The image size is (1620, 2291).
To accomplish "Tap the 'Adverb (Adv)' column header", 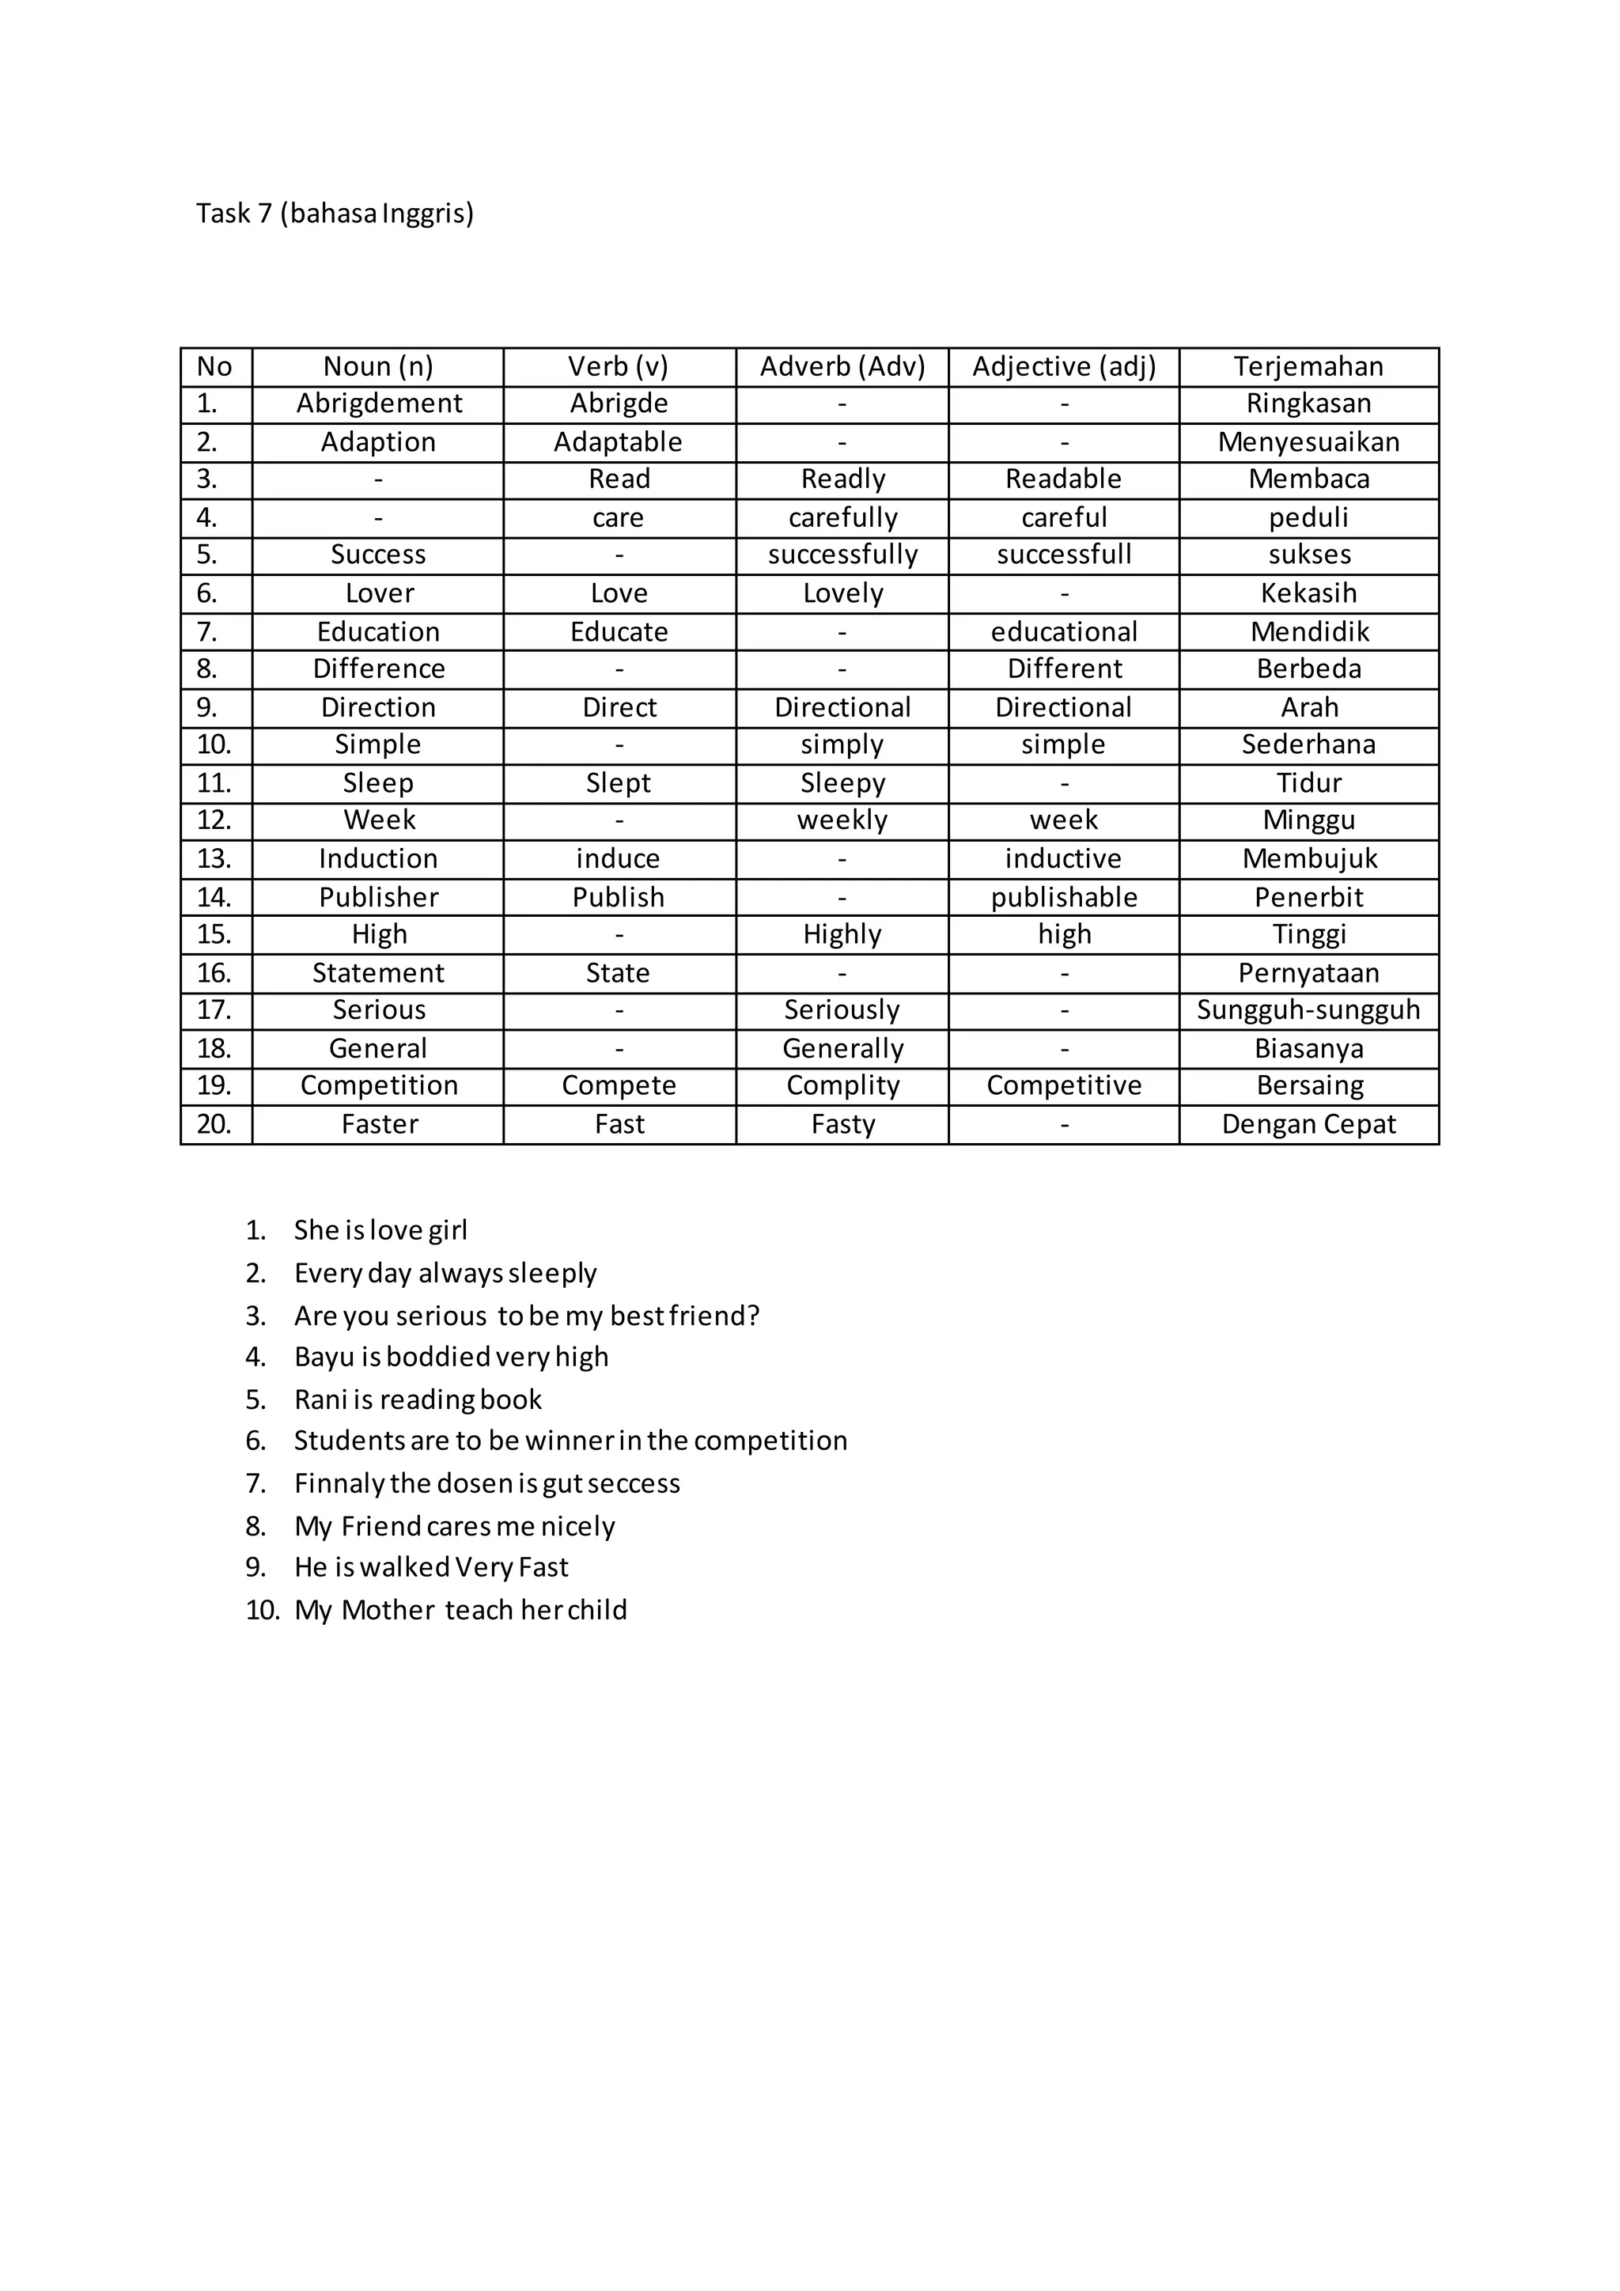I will point(842,367).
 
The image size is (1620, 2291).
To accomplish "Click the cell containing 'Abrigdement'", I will point(379,404).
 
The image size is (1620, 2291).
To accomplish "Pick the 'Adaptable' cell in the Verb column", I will point(619,442).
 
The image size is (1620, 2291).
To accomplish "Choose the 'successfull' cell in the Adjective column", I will point(1063,555).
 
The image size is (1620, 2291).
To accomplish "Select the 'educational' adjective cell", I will point(1063,631).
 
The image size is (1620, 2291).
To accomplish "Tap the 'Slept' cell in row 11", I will point(619,783).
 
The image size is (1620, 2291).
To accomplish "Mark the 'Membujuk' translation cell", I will point(1309,859).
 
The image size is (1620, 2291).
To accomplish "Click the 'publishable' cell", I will point(1063,897).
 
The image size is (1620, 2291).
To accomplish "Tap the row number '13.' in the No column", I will point(214,859).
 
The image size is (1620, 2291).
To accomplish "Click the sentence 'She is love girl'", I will point(380,1230).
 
